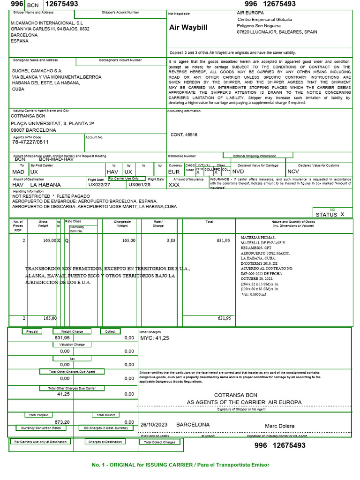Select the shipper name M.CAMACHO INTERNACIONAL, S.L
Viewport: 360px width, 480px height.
pyautogui.click(x=47, y=22)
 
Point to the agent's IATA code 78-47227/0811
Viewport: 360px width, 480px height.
pyautogui.click(x=30, y=142)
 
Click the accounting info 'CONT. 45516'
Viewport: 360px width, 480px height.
pyautogui.click(x=184, y=135)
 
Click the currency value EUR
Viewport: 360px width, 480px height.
pyautogui.click(x=174, y=172)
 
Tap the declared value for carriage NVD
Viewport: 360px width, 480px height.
pyautogui.click(x=238, y=172)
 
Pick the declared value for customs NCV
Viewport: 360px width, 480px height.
pyautogui.click(x=292, y=172)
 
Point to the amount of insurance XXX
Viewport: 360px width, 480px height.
pyautogui.click(x=174, y=185)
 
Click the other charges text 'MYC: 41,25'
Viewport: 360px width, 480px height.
pyautogui.click(x=155, y=338)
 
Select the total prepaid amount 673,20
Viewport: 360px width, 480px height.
pyautogui.click(x=62, y=422)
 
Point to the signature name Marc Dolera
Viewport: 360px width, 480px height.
pyautogui.click(x=280, y=426)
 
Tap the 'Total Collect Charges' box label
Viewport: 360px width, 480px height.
pyautogui.click(x=160, y=442)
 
